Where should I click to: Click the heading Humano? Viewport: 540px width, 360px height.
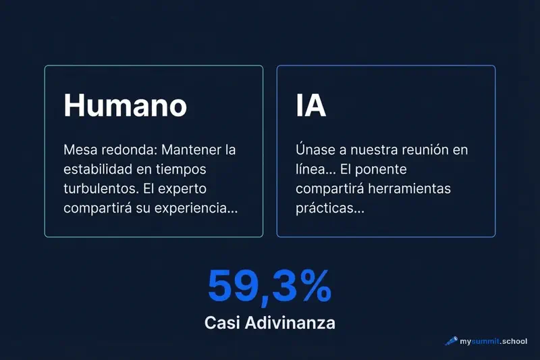(125, 105)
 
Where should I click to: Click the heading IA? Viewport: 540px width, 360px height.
(311, 105)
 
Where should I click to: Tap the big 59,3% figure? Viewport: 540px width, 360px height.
(269, 286)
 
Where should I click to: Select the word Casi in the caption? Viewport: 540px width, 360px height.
(221, 323)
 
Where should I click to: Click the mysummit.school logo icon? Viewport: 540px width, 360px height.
(451, 341)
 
